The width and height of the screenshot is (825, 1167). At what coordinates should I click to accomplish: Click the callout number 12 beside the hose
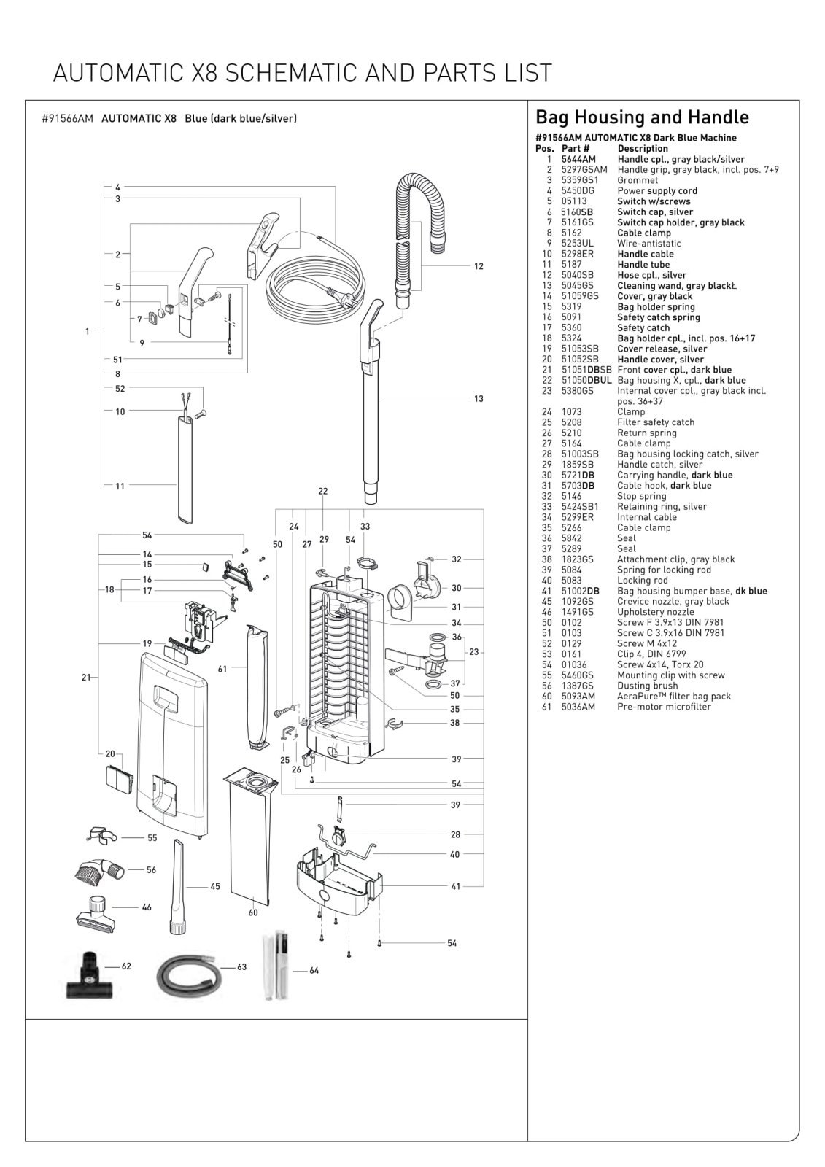[x=479, y=266]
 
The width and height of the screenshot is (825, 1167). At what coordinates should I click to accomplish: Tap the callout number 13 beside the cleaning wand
[x=479, y=398]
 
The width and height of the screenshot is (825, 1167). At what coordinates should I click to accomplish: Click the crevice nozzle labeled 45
[x=178, y=886]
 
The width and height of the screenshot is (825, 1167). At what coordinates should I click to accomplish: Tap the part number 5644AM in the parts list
[x=578, y=160]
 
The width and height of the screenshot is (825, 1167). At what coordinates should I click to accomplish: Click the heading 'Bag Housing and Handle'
[x=642, y=117]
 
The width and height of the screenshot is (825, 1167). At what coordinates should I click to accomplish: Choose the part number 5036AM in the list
[x=578, y=707]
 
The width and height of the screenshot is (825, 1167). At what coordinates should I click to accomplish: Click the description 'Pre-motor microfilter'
[x=664, y=707]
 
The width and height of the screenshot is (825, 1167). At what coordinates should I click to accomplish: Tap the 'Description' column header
[x=643, y=149]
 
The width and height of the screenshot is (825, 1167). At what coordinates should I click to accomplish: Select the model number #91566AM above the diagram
[x=67, y=118]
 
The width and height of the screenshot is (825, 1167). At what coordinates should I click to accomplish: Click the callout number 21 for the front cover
[x=86, y=678]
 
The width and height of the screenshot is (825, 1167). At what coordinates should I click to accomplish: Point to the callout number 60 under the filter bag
[x=253, y=912]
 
